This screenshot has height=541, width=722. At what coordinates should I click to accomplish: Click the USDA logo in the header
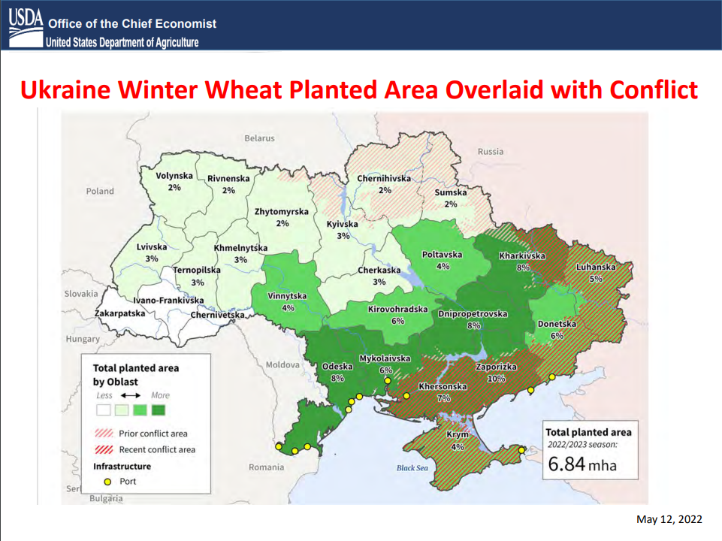tap(26, 28)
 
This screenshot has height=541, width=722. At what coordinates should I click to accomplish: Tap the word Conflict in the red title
tap(654, 89)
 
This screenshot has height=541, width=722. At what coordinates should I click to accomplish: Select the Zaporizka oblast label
tap(496, 367)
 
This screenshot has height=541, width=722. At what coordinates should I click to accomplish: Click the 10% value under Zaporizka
tap(496, 379)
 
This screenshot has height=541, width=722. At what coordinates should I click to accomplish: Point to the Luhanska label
tap(595, 267)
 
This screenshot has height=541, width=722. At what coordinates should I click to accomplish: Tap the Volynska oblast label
tap(174, 176)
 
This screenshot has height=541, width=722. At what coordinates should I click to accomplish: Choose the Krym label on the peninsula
tap(458, 434)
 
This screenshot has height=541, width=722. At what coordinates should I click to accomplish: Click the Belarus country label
tap(259, 138)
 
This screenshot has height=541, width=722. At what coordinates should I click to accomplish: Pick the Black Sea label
tap(412, 468)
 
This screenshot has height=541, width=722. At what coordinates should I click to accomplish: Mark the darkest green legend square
tap(159, 410)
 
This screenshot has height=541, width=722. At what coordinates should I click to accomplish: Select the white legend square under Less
tap(104, 410)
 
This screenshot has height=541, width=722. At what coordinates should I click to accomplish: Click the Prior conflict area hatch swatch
tap(104, 434)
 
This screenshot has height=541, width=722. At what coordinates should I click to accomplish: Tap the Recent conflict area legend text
tap(157, 449)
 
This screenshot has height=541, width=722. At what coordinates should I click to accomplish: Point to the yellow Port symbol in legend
tap(107, 482)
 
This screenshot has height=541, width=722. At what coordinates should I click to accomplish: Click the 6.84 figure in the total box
tap(566, 464)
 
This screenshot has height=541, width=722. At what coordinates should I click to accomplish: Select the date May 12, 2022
tap(669, 519)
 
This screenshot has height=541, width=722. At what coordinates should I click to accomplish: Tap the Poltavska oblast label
tap(442, 255)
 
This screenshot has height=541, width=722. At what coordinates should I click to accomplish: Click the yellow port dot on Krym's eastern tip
tap(521, 450)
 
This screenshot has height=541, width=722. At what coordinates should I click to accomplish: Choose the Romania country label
tap(266, 467)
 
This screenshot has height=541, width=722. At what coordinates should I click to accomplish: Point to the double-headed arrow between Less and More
tap(131, 395)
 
